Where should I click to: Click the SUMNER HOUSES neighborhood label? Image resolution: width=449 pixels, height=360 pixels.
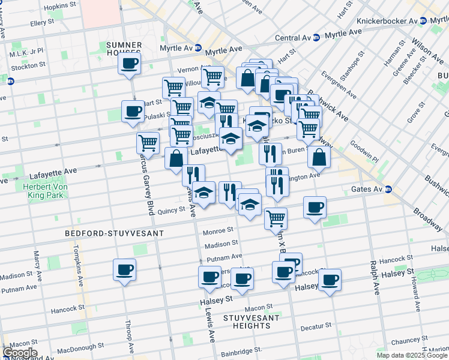pos(124,49)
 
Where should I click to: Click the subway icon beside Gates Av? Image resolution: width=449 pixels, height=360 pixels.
pos(388,189)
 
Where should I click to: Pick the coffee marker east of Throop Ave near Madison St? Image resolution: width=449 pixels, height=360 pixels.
pos(124,270)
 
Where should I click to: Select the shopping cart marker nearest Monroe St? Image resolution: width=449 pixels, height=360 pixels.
pos(276,218)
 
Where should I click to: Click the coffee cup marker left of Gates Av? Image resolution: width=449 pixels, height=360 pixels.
pos(315,208)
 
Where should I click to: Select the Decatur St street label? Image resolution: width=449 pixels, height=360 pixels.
pos(316,327)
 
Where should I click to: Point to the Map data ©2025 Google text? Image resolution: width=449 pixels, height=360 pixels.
pos(411,355)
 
